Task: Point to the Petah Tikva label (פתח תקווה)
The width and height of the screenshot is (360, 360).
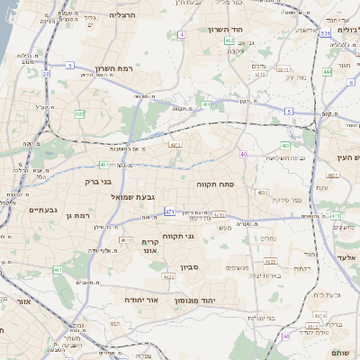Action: [x=216, y=184]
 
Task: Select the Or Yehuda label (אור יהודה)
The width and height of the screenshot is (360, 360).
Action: [x=140, y=299]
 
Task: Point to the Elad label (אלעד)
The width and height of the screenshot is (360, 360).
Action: [x=347, y=257]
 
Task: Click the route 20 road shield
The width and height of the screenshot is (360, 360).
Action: [x=45, y=75]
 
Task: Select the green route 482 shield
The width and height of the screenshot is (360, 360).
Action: [x=79, y=114]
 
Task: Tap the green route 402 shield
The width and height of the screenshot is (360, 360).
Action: [x=229, y=40]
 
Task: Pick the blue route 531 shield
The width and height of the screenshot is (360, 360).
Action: [x=324, y=32]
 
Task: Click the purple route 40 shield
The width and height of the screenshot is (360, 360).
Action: [x=243, y=154]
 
